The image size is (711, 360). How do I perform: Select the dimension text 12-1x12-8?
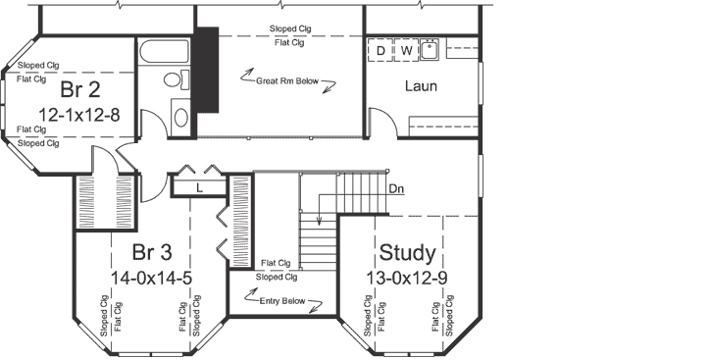coord(79,116)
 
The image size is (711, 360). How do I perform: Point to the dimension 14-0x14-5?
coord(152,278)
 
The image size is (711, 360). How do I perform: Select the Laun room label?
coord(421,86)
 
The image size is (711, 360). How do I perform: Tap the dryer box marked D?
coord(381,50)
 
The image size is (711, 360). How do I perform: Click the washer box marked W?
coord(405,50)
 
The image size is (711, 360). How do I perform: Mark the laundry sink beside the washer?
coord(430,49)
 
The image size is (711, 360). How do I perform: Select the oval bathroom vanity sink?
coord(180,118)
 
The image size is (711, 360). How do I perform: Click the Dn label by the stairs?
coord(396,187)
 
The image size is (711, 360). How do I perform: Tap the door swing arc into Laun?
coord(384,128)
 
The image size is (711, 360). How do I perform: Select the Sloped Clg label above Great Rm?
coord(290,29)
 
